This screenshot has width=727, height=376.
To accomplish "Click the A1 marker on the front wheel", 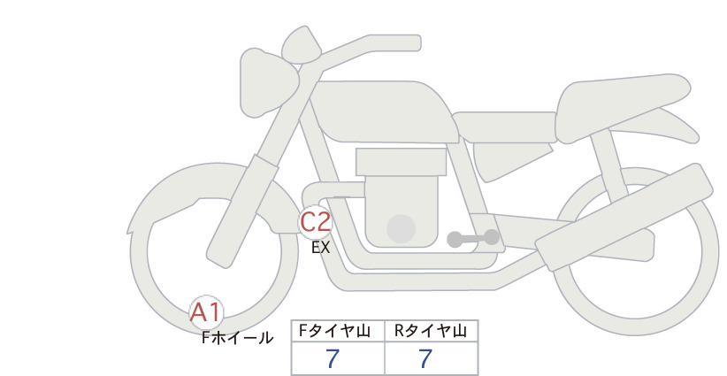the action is pos(206,312).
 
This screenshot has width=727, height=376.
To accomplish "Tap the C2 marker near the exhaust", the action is pos(315,222).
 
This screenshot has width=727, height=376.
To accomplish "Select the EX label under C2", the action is pos(320,248).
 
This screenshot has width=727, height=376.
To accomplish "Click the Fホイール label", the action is pos(237,338).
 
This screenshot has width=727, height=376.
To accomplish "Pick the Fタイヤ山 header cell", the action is pos(338,331).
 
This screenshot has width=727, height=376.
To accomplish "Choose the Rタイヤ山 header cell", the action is pos(432,331).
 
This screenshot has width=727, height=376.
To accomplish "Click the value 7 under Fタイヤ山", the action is pos(332,359).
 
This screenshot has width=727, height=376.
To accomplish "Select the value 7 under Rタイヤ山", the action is pos(425,359).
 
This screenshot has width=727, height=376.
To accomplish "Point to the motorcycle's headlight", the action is pos(268,82).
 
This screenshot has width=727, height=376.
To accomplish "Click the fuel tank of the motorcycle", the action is pos(382,111).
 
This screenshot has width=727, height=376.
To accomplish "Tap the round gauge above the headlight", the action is pos(302,44).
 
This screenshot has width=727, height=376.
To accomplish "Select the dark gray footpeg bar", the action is pos(473,238).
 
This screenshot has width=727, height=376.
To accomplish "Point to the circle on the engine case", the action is pos(401,228).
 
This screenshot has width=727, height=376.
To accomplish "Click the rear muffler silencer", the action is pos(624,216).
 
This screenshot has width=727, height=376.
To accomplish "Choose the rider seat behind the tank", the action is pos(504,127).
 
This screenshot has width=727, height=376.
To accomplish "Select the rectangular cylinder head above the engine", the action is pos(401,162).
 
